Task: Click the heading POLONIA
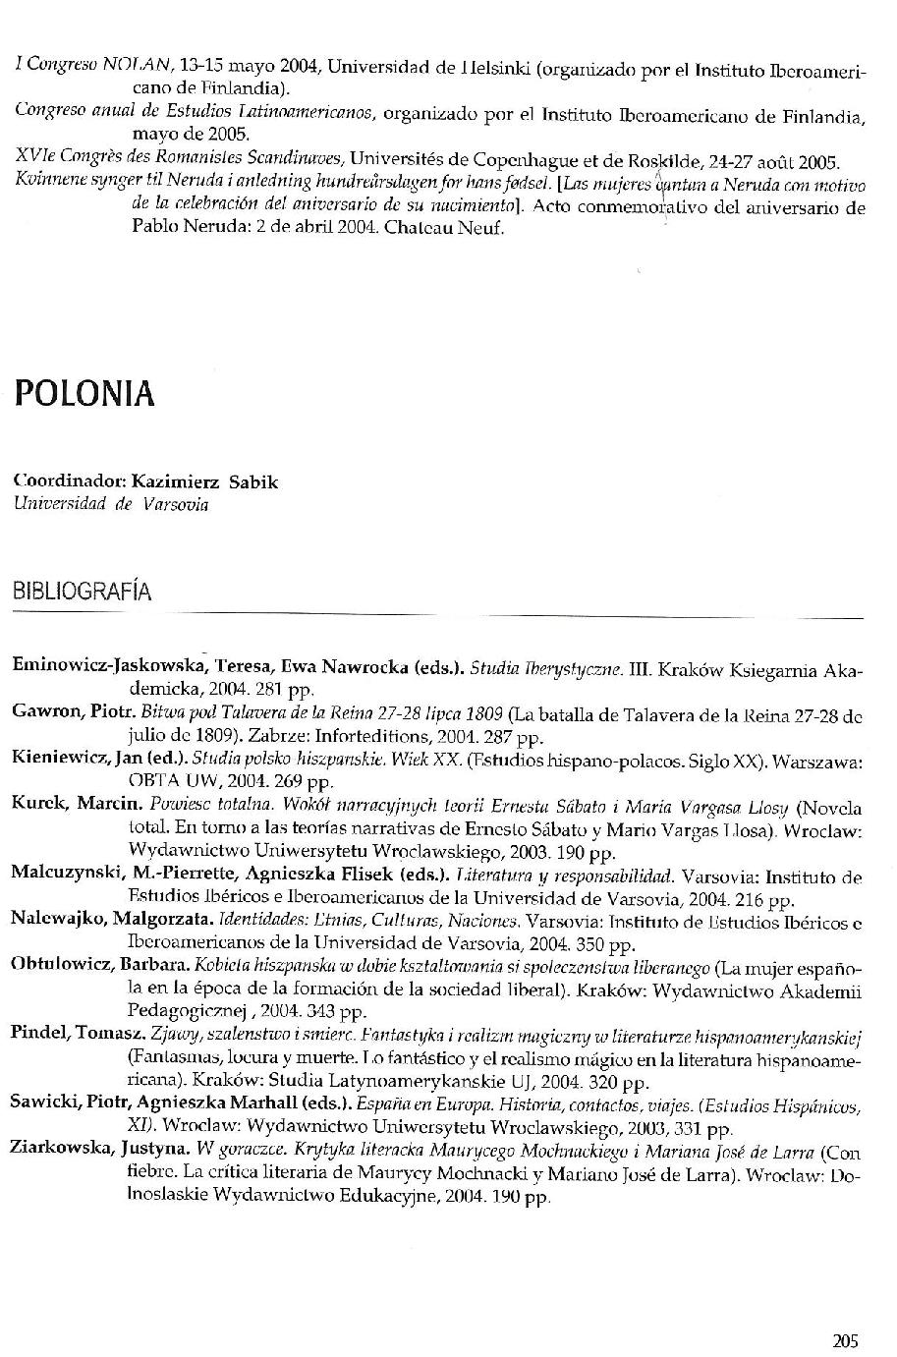[x=84, y=393]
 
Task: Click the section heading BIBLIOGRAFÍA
[x=82, y=592]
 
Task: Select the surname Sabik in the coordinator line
[x=253, y=481]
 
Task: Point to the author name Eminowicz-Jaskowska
[x=106, y=665]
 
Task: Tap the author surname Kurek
[x=38, y=803]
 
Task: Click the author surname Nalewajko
[x=58, y=918]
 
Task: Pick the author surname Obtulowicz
[x=61, y=964]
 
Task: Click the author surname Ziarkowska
[x=61, y=1150]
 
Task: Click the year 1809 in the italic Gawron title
[x=486, y=711]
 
